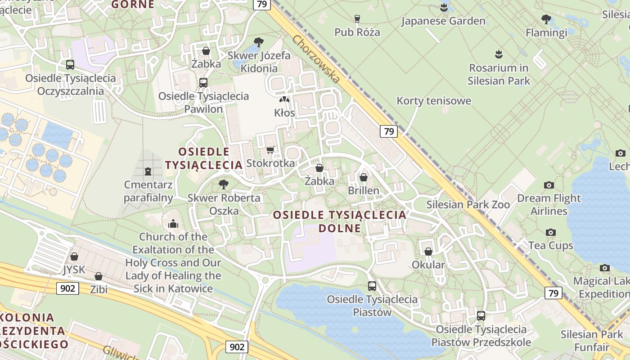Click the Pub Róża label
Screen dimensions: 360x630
click(x=357, y=32)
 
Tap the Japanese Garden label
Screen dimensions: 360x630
click(x=443, y=21)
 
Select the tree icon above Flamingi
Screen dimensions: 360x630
click(x=546, y=19)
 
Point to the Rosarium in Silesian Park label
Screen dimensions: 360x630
click(x=499, y=74)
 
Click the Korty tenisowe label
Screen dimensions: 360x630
click(x=434, y=100)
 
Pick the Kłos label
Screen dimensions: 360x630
click(x=284, y=112)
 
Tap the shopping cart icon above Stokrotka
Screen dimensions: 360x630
click(x=270, y=150)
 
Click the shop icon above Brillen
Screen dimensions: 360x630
click(x=364, y=177)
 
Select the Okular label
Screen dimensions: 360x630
click(x=428, y=265)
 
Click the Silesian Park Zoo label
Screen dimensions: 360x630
click(x=468, y=205)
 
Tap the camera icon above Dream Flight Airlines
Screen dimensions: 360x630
click(x=549, y=185)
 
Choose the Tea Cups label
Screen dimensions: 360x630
click(x=551, y=245)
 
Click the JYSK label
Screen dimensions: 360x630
click(x=74, y=269)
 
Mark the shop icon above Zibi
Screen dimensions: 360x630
click(x=99, y=276)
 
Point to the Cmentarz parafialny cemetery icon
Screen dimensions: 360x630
click(x=148, y=171)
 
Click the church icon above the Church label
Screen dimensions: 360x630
click(x=173, y=224)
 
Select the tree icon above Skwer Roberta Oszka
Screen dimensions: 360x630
click(x=223, y=184)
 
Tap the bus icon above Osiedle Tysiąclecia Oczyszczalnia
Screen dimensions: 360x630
click(x=70, y=64)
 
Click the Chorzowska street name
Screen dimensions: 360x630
click(x=316, y=58)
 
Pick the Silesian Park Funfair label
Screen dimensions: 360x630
click(x=591, y=341)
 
